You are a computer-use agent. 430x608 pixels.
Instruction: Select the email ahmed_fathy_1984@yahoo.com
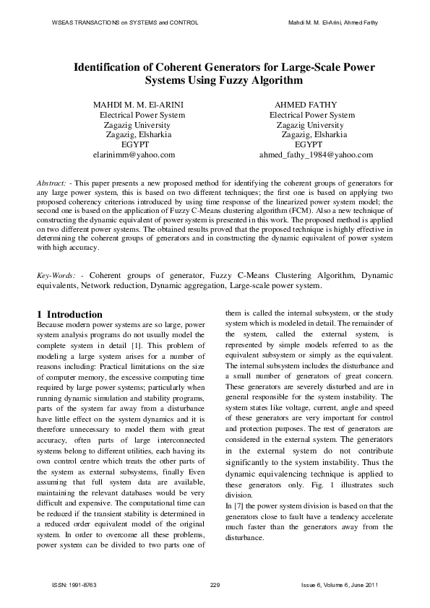tap(316, 155)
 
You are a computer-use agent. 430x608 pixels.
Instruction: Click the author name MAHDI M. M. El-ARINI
tap(139, 105)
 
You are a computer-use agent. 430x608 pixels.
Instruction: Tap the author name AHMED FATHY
tap(311, 105)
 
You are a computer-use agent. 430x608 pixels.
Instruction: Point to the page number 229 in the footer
tap(214, 583)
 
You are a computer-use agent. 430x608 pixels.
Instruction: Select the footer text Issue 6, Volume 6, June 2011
tap(338, 583)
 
